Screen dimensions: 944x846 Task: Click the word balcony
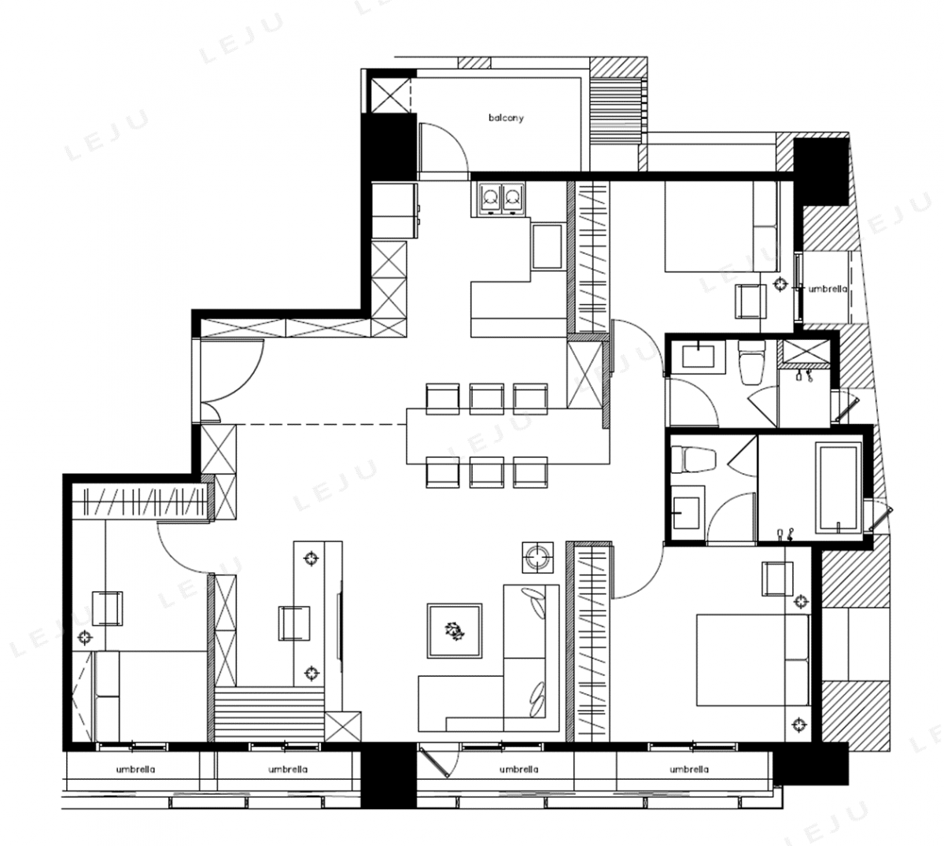(x=506, y=118)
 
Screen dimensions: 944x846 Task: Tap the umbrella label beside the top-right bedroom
(x=828, y=289)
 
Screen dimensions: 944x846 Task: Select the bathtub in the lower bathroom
(x=838, y=489)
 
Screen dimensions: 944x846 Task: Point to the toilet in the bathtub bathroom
(x=693, y=459)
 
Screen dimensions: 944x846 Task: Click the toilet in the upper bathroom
(x=751, y=362)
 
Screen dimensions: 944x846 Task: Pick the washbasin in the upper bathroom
(x=698, y=357)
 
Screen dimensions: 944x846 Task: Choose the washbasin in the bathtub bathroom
(x=687, y=513)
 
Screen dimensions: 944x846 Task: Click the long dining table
(x=508, y=436)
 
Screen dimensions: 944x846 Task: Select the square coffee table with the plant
(x=455, y=631)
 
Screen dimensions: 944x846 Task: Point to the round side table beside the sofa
(x=538, y=557)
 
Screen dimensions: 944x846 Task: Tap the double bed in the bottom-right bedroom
(x=753, y=659)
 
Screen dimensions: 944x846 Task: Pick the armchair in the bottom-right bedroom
(x=778, y=578)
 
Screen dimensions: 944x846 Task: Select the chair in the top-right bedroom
(x=750, y=301)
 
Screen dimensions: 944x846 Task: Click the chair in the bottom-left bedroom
(x=108, y=609)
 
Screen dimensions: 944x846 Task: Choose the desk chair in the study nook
(x=294, y=623)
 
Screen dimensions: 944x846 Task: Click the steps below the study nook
(x=270, y=714)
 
